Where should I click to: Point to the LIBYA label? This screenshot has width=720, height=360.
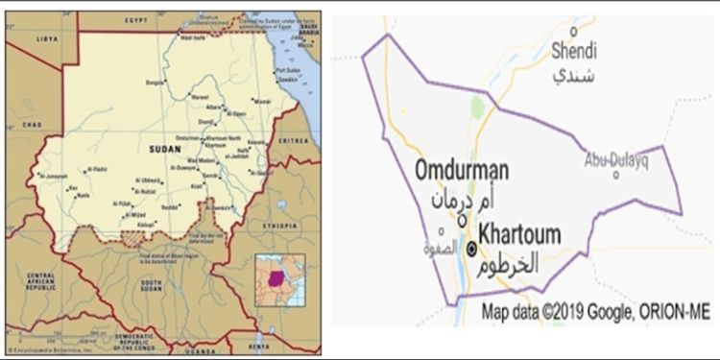point(46,39)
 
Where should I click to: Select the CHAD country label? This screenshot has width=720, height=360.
point(32,125)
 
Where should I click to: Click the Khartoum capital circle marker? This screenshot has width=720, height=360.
point(471,248)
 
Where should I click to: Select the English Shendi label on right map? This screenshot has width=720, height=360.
point(574,51)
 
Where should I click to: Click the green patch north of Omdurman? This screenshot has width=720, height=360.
point(476,108)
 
